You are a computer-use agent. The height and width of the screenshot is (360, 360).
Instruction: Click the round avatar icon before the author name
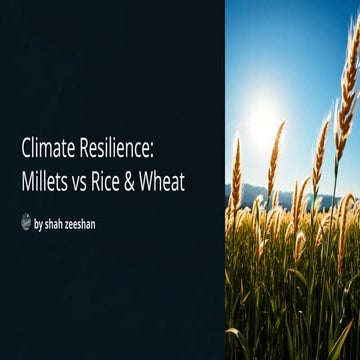pyautogui.click(x=26, y=222)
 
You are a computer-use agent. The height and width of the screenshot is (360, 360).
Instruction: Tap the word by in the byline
pyautogui.click(x=39, y=224)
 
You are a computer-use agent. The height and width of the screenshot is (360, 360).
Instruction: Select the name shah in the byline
pyautogui.click(x=57, y=223)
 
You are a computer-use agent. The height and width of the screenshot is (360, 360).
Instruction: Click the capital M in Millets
pyautogui.click(x=27, y=183)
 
